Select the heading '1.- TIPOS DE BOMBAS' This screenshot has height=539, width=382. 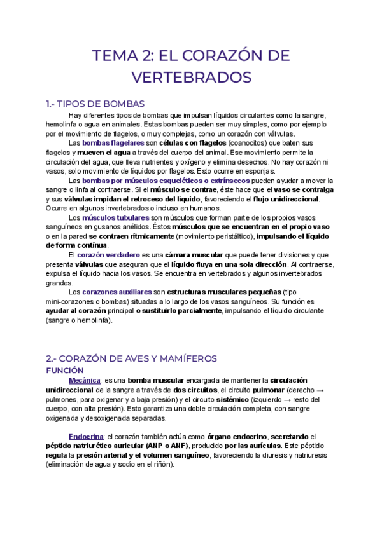[95, 104]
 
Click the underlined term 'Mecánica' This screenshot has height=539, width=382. [84, 379]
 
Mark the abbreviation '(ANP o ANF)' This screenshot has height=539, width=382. [150, 447]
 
